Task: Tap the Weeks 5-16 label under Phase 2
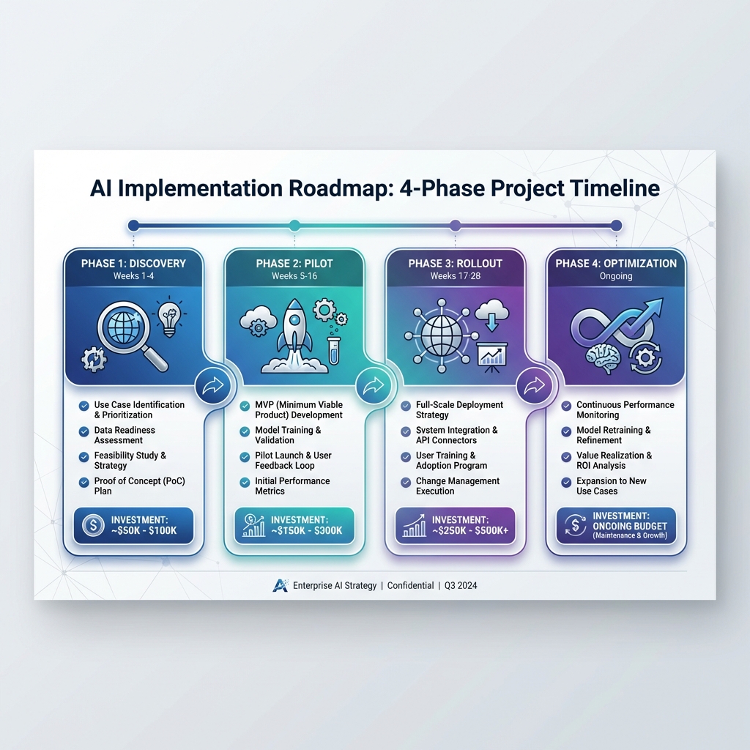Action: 294,276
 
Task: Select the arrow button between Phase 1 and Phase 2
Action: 212,385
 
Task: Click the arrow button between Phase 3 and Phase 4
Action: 535,385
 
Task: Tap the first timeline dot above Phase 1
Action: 133,225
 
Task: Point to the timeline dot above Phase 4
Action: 616,225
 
